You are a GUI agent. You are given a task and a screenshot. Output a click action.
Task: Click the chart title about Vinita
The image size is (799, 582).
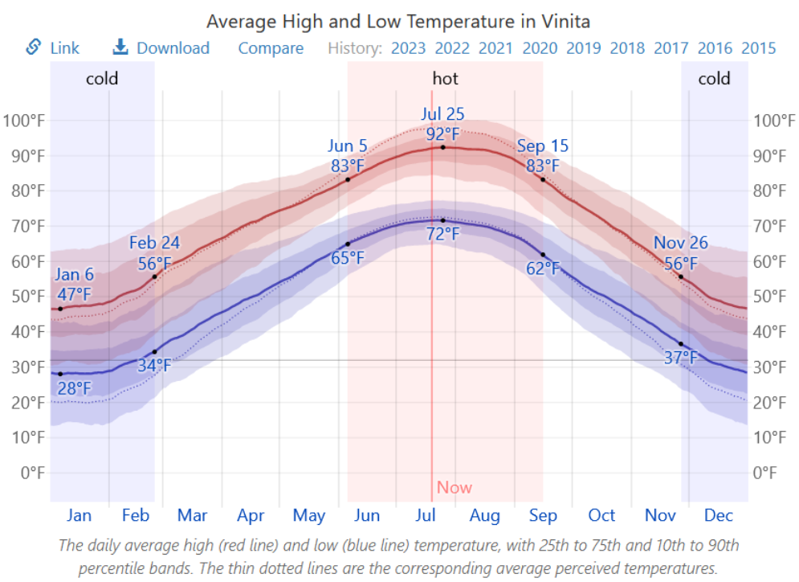398,21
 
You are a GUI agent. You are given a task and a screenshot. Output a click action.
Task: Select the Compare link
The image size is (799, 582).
271,48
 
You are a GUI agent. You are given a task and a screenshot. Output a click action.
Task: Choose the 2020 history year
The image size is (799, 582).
540,48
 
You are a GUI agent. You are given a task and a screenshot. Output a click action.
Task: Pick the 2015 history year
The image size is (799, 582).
759,48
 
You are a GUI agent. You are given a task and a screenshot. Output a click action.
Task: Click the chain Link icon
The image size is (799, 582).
34,47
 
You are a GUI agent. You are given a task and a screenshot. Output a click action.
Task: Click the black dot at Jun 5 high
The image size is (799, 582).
348,179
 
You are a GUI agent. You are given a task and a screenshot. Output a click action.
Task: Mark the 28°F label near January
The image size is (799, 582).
73,390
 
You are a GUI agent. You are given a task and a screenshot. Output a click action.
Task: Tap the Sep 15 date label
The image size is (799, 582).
543,146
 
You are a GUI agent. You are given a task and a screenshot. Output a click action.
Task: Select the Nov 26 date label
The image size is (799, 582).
681,243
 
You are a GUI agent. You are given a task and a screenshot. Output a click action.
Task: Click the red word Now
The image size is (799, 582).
455,487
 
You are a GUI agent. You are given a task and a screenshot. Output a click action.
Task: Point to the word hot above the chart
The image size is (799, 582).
446,79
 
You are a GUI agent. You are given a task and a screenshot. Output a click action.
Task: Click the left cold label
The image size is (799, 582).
102,79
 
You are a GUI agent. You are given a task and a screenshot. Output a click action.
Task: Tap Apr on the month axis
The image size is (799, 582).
251,515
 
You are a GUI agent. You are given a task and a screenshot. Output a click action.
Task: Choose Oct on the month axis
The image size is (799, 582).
601,515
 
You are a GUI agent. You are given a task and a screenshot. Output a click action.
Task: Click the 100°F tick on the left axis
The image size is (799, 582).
24,121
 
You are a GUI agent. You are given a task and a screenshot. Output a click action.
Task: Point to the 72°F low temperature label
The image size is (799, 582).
442,235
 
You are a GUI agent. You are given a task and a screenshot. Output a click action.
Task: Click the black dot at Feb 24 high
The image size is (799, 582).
155,277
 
